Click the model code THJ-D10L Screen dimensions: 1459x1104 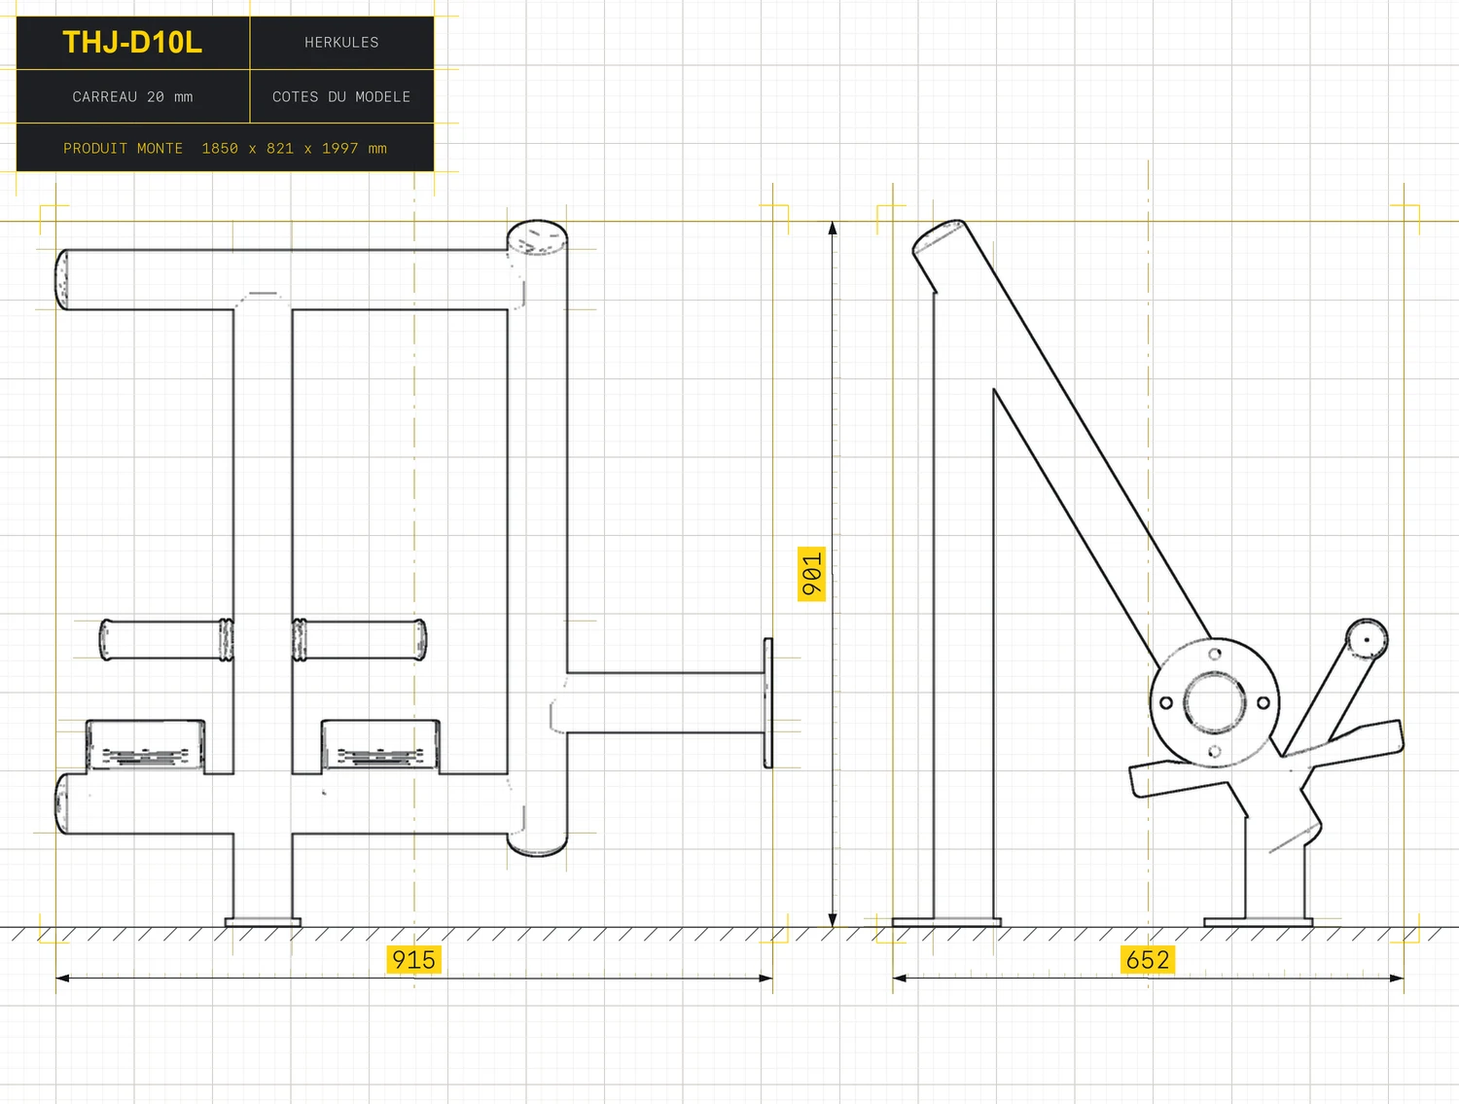132,43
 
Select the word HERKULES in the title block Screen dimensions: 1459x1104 341,43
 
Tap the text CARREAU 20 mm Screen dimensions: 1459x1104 132,97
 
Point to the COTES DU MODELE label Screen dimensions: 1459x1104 341,97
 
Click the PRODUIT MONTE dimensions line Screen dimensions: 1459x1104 225,148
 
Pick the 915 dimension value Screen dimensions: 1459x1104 413,960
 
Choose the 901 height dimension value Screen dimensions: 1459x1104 811,574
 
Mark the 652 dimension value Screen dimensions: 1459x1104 1147,960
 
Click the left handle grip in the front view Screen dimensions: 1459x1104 166,640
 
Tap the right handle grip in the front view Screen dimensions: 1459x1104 359,640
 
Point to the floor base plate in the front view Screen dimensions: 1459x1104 263,922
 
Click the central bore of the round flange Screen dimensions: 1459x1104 1215,702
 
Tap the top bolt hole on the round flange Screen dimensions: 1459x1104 1215,654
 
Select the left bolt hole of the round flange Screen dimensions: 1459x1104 1166,702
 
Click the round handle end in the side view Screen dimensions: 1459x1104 1367,639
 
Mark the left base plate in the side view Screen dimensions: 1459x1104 946,922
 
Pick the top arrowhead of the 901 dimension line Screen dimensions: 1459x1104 833,228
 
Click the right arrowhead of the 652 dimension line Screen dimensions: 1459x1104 1397,978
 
